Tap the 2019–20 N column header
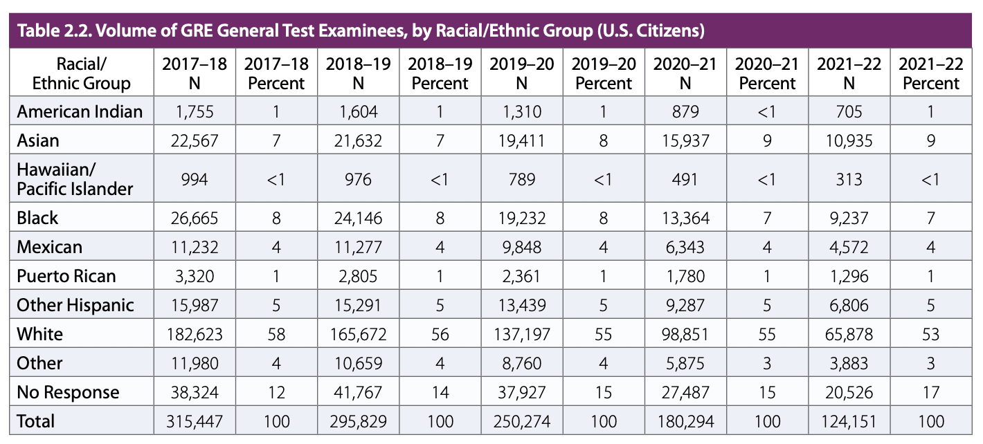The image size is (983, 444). [x=521, y=74]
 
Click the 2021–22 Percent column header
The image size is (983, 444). [x=930, y=74]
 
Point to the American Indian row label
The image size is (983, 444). [x=80, y=111]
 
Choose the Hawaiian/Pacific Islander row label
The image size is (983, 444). [x=75, y=179]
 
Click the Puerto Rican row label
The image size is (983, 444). [x=66, y=276]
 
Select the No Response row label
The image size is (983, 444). [x=68, y=392]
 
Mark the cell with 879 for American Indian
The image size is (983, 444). [x=685, y=111]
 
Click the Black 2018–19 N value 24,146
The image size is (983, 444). [x=358, y=218]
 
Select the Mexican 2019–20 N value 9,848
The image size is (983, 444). [x=521, y=247]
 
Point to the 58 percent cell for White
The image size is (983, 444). [x=276, y=334]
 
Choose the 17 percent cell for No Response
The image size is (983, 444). [x=930, y=392]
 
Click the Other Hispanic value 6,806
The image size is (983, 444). [x=848, y=305]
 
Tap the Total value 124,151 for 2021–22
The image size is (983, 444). [x=848, y=421]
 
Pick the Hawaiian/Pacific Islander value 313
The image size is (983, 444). [x=848, y=179]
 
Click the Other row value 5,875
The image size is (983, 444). [x=685, y=363]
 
